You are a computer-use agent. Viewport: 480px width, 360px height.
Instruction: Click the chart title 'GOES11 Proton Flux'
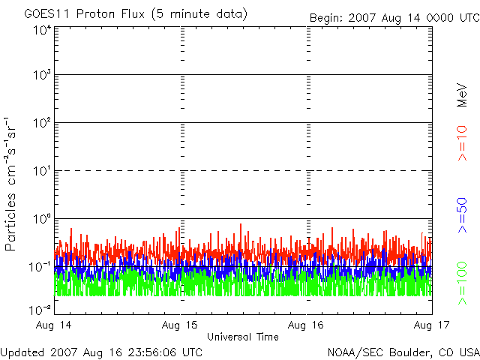coord(85,14)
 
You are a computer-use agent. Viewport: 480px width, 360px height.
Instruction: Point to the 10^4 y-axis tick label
coord(42,31)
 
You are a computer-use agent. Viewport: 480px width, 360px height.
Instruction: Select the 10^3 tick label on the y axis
coord(42,75)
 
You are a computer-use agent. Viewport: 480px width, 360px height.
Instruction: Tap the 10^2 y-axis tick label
coord(42,123)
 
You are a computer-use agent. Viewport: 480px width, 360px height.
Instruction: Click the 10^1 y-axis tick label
coord(42,171)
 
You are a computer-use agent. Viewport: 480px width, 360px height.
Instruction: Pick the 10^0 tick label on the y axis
coord(42,219)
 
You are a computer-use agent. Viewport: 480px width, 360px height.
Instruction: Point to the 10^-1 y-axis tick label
coord(40,267)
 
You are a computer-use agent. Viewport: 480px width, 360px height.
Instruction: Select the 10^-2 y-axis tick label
coord(40,310)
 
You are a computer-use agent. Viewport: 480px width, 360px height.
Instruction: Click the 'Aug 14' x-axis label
coord(54,325)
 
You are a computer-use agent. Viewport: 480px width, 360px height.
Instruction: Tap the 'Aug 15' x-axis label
coord(180,325)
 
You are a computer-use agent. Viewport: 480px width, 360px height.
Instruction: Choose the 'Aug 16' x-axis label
coord(306,325)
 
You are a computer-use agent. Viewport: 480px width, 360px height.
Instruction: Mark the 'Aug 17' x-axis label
coord(432,325)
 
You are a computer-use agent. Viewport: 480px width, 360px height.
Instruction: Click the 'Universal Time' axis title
coord(243,337)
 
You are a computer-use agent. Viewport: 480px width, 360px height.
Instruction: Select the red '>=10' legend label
coord(462,143)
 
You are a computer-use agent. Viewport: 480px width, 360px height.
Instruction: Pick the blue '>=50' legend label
coord(462,215)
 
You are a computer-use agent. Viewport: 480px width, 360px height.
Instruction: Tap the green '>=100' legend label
coord(462,283)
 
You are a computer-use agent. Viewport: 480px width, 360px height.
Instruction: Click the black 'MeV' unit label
coord(462,95)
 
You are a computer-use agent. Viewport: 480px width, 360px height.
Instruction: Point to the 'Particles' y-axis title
coord(10,222)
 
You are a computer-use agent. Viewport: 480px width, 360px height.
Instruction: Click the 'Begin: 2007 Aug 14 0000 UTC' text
coord(395,18)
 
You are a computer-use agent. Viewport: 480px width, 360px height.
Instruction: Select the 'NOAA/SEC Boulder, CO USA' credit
coord(403,352)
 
